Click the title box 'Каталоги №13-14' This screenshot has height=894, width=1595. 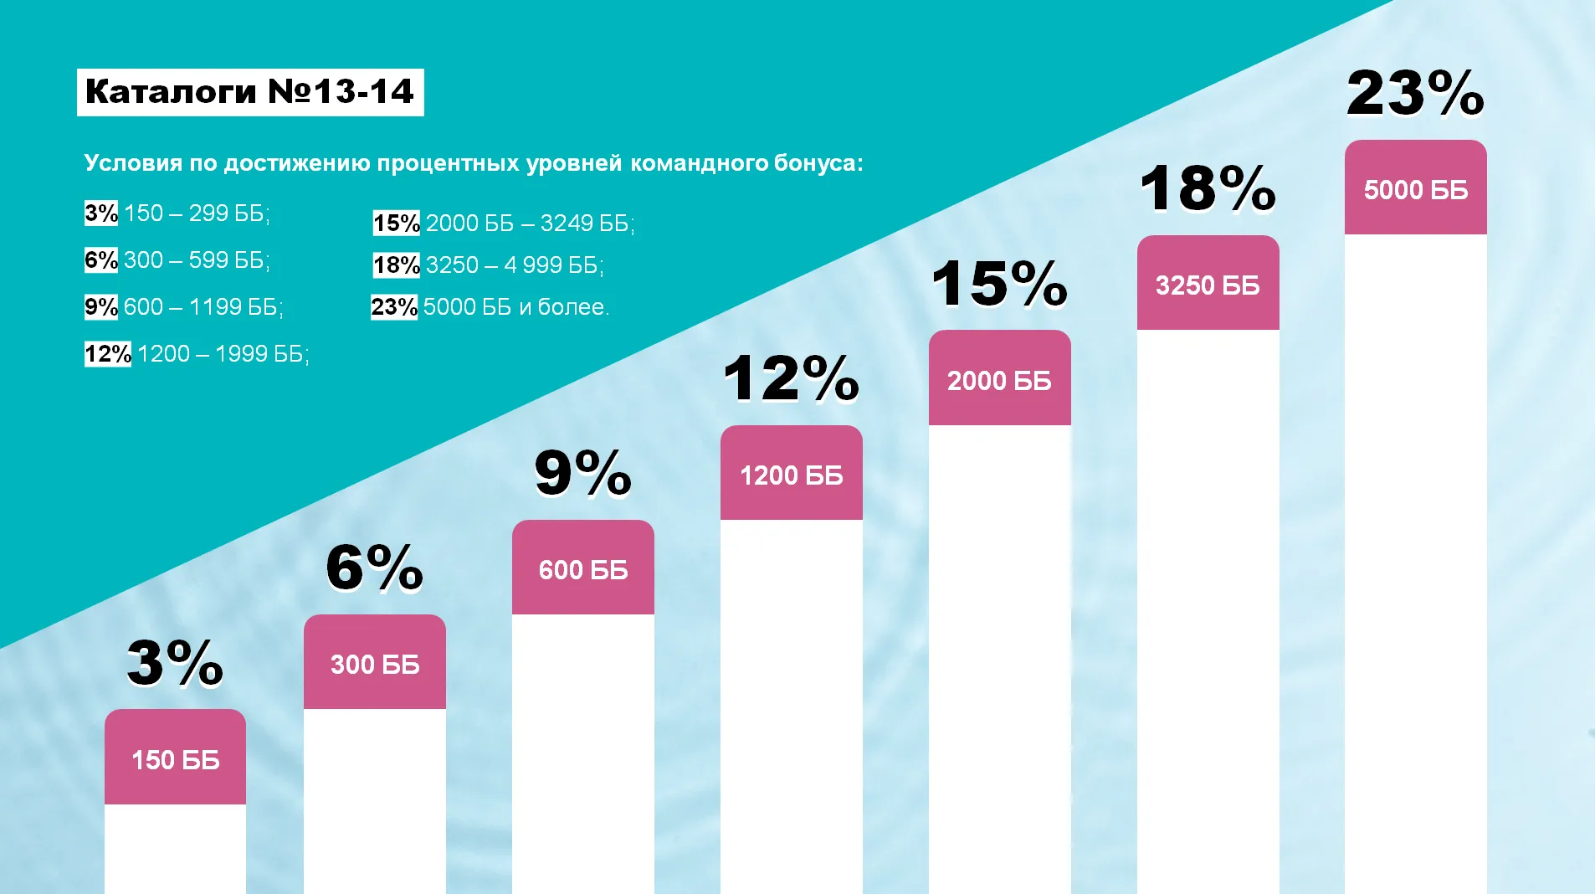click(250, 92)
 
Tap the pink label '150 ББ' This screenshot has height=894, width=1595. click(175, 757)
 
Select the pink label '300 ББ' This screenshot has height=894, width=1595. click(375, 662)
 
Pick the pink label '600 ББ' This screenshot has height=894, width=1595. click(583, 568)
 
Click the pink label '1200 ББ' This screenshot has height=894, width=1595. click(792, 473)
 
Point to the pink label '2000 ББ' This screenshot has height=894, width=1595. click(1000, 378)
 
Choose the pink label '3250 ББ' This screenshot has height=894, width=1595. click(1208, 283)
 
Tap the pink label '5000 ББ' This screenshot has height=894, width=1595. click(1416, 188)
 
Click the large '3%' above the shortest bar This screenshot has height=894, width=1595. click(176, 663)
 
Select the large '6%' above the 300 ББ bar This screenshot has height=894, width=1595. click(375, 568)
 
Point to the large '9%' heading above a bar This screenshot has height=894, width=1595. click(583, 473)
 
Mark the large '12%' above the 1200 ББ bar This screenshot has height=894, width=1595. click(792, 378)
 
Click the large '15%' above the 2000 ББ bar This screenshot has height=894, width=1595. click(1000, 283)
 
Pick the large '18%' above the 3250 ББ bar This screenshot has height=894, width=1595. click(1208, 188)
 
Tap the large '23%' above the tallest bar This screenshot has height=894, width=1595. click(1416, 93)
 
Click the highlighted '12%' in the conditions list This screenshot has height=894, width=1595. click(108, 354)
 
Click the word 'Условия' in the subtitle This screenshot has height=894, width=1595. click(133, 162)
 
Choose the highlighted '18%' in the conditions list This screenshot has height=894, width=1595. click(397, 265)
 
